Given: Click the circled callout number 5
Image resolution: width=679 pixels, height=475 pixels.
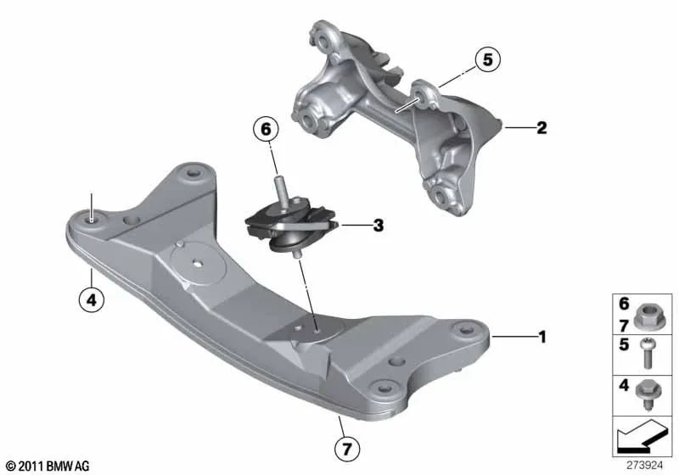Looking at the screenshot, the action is click(x=487, y=59).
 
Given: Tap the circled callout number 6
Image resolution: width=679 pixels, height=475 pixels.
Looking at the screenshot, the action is click(x=266, y=129).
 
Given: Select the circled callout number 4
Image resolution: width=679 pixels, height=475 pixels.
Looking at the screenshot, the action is click(x=92, y=299).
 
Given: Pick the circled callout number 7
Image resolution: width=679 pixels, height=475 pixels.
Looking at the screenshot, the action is click(x=347, y=449).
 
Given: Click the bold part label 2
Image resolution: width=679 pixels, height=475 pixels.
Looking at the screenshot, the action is click(x=542, y=127).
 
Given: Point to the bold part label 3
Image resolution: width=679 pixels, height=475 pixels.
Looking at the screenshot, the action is click(x=378, y=225).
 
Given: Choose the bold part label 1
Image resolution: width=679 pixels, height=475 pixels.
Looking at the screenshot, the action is click(x=542, y=337).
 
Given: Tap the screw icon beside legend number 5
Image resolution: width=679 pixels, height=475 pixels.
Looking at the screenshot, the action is click(x=648, y=354).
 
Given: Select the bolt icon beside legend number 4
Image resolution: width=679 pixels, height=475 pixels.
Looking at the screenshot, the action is click(x=647, y=394).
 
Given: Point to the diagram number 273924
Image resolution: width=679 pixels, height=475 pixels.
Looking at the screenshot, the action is click(x=645, y=466).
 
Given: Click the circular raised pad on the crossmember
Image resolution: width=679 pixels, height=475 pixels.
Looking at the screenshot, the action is click(x=199, y=265).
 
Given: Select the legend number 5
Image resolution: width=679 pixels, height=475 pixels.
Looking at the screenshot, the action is click(x=624, y=344).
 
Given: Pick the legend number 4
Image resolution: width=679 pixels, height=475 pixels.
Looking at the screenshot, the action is click(x=624, y=384).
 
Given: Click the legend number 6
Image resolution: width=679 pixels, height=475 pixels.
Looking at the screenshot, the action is click(x=624, y=304).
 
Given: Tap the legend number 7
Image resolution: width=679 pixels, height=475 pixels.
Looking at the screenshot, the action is click(x=624, y=326).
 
